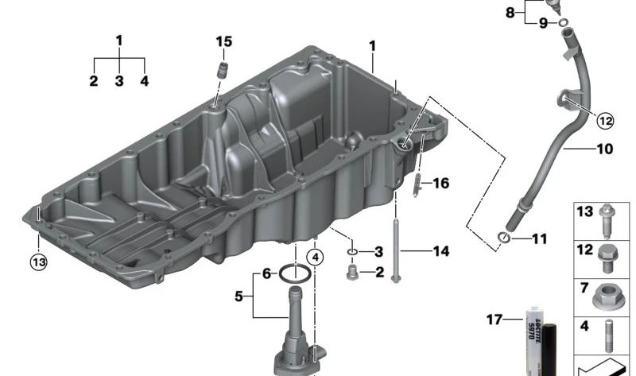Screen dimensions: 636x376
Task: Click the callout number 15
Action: coord(224,41)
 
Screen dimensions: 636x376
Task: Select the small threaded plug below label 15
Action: coord(223,70)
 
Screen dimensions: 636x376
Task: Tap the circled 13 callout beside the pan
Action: coord(39,262)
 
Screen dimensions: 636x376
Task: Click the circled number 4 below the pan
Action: coord(315,257)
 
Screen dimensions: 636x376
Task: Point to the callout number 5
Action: coord(239,297)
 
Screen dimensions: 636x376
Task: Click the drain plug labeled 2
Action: coord(351,273)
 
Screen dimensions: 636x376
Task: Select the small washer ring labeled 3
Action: coord(352,253)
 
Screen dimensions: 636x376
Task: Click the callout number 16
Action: coord(441,184)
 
